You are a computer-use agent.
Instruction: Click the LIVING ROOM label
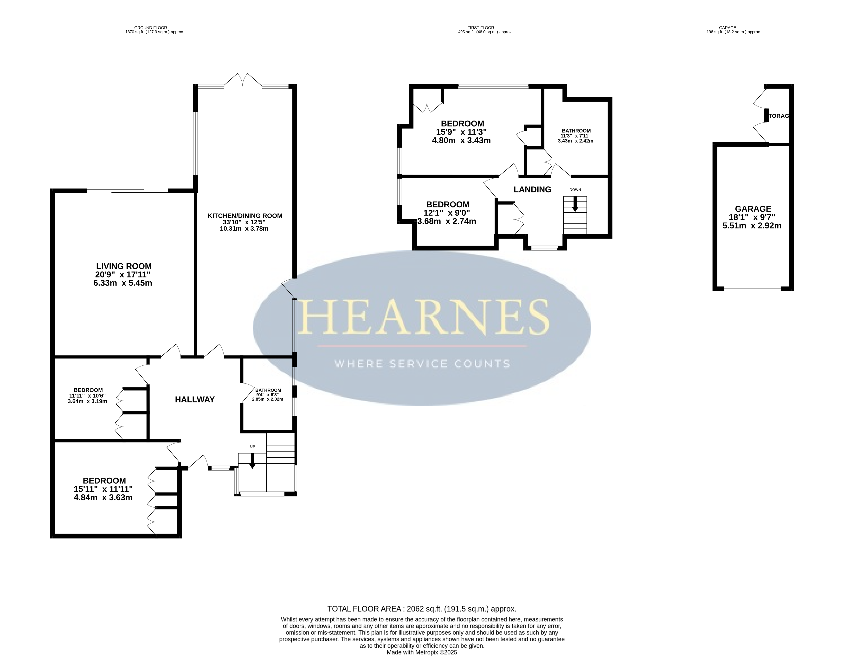pos(124,266)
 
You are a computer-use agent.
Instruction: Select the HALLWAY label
pos(195,400)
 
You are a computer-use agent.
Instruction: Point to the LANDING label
pos(532,189)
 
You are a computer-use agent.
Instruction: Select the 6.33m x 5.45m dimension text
pos(123,283)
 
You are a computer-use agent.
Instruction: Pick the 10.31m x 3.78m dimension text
pos(244,228)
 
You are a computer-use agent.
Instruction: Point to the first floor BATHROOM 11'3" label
pos(576,131)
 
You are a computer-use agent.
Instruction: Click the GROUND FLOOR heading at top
pos(151,28)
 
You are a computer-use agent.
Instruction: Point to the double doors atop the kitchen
pos(243,80)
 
